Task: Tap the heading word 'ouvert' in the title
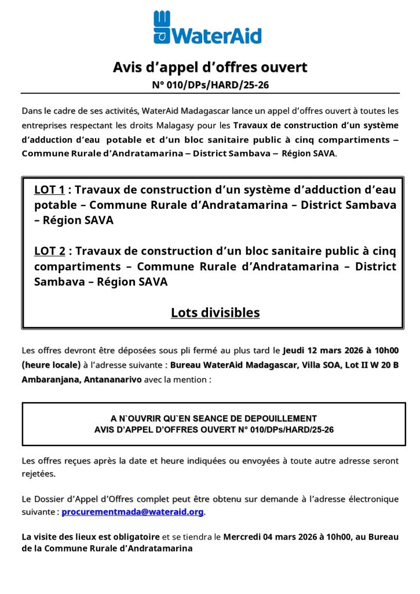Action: click(284, 67)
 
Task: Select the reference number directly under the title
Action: click(210, 85)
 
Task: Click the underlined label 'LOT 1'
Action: click(49, 190)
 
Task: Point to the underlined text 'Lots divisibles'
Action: click(215, 313)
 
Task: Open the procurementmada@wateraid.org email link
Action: click(133, 512)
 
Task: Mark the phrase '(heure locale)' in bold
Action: click(51, 365)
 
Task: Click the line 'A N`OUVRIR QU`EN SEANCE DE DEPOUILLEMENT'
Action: click(214, 418)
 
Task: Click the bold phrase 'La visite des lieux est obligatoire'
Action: click(90, 537)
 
